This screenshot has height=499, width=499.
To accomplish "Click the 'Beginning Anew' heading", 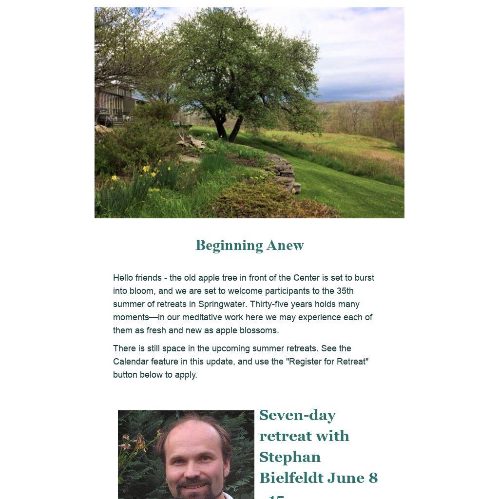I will tap(249, 245).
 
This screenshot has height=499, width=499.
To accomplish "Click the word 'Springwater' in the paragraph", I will tap(221, 304).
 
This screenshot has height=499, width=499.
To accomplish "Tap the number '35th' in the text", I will tap(345, 291).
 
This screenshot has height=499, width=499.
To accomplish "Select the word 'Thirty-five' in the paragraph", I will tap(269, 304).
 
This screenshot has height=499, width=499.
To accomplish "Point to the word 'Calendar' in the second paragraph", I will tap(131, 362).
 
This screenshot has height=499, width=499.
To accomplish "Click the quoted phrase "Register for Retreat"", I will tap(326, 362).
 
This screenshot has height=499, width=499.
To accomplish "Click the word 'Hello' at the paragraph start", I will tap(123, 278).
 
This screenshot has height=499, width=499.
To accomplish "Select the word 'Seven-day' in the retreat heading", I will tap(297, 415).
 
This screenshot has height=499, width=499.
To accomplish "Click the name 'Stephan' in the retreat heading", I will tap(289, 457).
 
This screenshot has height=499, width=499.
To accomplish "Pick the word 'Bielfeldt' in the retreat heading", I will tap(291, 478).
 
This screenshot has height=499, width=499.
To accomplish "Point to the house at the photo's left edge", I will tap(115, 105).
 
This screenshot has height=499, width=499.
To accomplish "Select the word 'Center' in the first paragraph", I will tap(307, 278).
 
